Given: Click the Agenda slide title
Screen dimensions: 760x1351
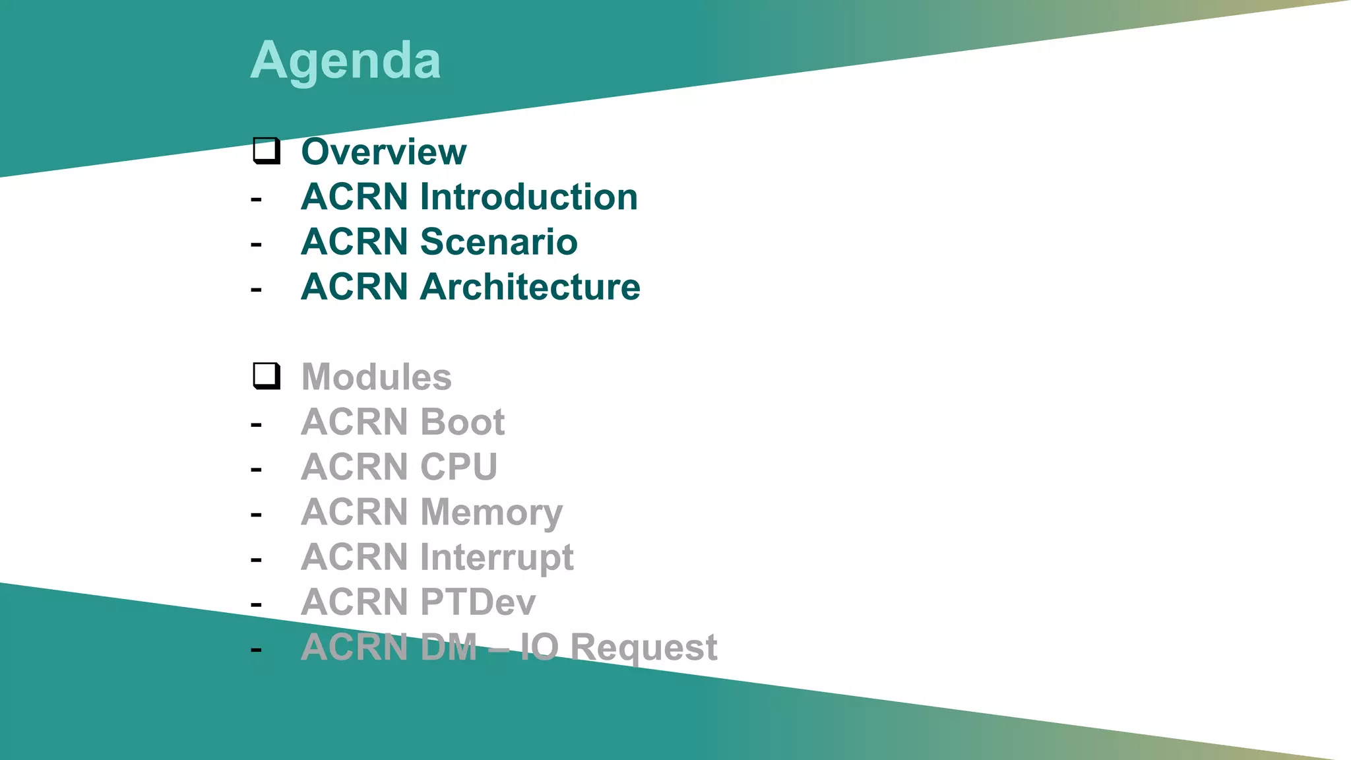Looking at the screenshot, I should click(345, 61).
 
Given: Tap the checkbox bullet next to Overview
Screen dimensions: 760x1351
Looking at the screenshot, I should click(267, 150).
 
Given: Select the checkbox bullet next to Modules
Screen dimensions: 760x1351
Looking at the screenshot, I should click(267, 376).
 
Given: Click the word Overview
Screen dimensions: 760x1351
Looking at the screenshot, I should click(383, 152).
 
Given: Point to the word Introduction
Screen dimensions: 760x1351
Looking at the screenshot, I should click(528, 197).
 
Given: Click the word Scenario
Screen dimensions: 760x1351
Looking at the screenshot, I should click(499, 241).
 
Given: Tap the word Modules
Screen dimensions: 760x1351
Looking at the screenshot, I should click(376, 377).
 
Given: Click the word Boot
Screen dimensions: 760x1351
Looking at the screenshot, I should click(462, 422).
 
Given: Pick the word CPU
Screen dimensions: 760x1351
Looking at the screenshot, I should click(458, 467).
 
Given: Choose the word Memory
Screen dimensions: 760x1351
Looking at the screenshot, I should click(491, 513).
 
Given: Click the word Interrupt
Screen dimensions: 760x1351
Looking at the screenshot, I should click(497, 557).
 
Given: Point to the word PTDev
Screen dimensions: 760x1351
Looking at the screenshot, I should click(478, 602).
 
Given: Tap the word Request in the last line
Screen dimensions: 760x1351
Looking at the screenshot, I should click(643, 647).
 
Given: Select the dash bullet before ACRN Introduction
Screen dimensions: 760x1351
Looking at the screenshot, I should click(256, 199).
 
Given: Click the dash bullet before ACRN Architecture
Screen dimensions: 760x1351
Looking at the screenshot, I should click(256, 290).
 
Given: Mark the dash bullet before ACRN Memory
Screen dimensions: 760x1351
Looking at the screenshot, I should click(256, 515).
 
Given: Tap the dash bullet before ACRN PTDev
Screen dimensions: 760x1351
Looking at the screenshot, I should click(256, 604).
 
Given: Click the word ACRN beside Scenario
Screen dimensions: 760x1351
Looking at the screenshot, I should click(354, 241).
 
